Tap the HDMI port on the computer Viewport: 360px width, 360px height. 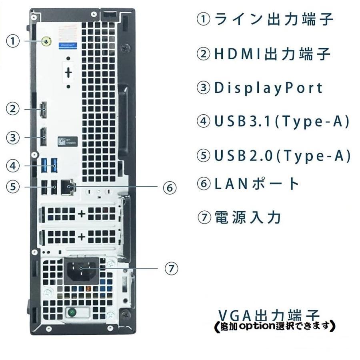pos(42,109)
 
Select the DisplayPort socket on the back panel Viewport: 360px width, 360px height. pos(42,137)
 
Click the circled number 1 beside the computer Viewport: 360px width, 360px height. pos(14,41)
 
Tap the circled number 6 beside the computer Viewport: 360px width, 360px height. pos(170,187)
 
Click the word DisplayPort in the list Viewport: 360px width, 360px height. pos(268,88)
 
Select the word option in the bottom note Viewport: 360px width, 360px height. pos(255,326)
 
